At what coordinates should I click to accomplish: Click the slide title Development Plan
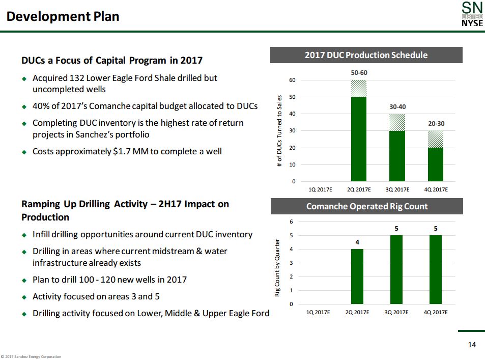pos(63,17)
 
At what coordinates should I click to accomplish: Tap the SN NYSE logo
pos(472,15)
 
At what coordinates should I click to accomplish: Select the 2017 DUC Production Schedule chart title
pos(366,55)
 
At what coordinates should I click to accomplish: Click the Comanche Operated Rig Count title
pos(366,206)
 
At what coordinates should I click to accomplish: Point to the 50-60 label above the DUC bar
pos(359,73)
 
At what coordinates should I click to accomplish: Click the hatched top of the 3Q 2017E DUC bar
pos(397,122)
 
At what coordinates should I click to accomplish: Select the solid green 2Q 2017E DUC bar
pos(359,139)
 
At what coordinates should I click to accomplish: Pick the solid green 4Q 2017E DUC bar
pos(436,164)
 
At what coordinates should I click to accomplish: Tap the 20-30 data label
pos(436,124)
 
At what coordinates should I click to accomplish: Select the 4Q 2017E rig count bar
pos(436,269)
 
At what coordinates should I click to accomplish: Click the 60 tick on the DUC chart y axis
pos(292,80)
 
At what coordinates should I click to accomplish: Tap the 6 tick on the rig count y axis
pos(291,222)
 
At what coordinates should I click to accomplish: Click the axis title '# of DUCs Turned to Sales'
pos(279,131)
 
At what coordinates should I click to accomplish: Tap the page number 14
pos(472,345)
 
